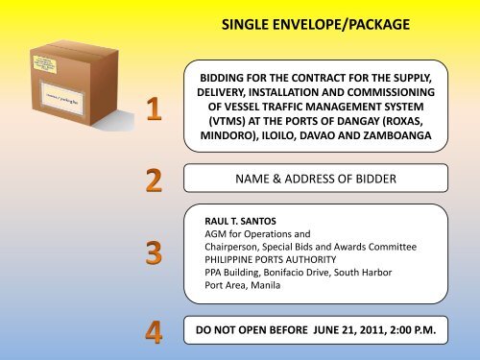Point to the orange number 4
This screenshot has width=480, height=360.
[150, 329]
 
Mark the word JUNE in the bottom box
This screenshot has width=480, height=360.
[305, 329]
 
